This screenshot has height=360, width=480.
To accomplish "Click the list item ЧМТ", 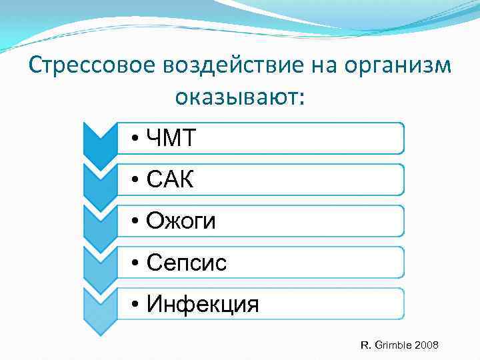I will [171, 138].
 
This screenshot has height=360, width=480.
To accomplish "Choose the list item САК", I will [170, 179].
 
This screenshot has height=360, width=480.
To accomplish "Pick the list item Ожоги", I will [181, 221].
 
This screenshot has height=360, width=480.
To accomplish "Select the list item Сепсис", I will [186, 263].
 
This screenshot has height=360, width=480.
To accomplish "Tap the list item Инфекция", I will [202, 304].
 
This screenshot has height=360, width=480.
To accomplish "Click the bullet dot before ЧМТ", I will [135, 139].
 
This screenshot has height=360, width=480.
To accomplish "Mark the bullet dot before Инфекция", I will [135, 305].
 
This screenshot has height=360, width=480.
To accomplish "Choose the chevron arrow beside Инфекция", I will [100, 305].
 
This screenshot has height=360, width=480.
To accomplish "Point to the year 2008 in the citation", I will [426, 345].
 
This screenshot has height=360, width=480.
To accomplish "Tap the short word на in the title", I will [313, 67].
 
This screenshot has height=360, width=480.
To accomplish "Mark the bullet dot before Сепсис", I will [135, 263].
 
